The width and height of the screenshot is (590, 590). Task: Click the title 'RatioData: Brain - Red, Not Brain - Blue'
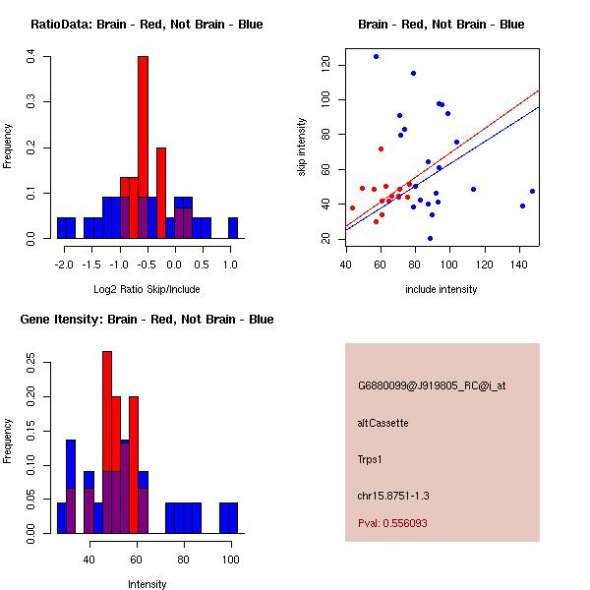pyautogui.click(x=147, y=25)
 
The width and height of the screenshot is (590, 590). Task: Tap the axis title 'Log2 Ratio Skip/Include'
pyautogui.click(x=147, y=289)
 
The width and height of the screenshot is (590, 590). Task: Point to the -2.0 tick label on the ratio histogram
pyautogui.click(x=64, y=264)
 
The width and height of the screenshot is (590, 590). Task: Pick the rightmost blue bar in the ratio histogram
pyautogui.click(x=233, y=228)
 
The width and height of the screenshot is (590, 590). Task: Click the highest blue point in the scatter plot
pyautogui.click(x=376, y=57)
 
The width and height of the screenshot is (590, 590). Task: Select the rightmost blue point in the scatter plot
pyautogui.click(x=532, y=191)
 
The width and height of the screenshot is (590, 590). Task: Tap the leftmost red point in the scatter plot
pyautogui.click(x=352, y=207)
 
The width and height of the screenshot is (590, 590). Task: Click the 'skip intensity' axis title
pyautogui.click(x=302, y=147)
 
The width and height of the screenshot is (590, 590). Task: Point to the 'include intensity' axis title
pyautogui.click(x=442, y=289)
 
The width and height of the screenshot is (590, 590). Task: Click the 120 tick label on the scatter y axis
pyautogui.click(x=326, y=65)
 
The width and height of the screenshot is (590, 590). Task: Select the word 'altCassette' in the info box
pyautogui.click(x=383, y=423)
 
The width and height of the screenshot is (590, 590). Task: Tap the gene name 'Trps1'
pyautogui.click(x=370, y=458)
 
